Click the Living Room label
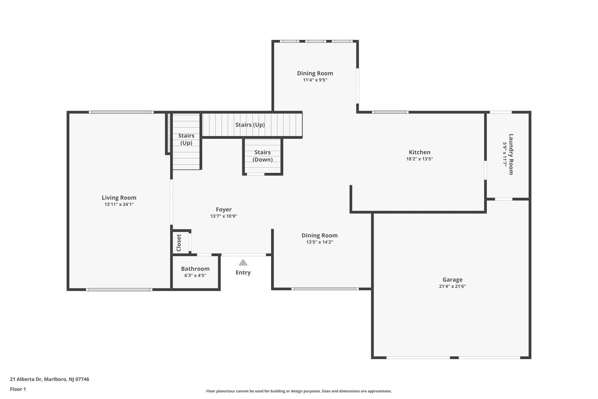tap(119, 198)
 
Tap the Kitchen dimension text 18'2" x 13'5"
tap(419, 159)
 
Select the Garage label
tap(452, 280)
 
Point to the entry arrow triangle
tap(243, 263)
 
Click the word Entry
tap(243, 273)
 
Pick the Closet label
tap(179, 243)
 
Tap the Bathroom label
tap(195, 269)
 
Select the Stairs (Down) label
tap(262, 156)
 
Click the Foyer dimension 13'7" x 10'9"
tap(223, 216)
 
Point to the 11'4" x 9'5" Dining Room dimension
tap(315, 80)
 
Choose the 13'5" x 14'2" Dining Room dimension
tap(320, 242)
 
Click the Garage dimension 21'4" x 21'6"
tap(452, 286)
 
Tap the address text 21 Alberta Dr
tap(26, 379)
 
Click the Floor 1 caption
tap(18, 389)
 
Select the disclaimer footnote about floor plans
tap(299, 391)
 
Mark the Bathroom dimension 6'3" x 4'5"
tap(195, 276)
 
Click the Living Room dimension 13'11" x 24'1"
tap(119, 204)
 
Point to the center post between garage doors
tap(454, 358)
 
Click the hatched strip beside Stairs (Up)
tap(169, 133)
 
